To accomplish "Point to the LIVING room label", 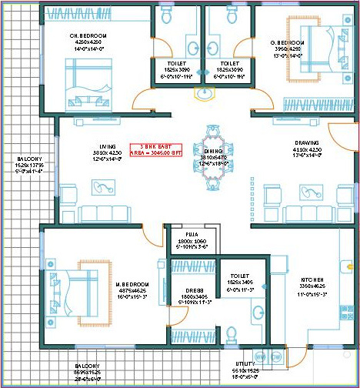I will (x=107, y=146).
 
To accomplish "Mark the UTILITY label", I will (x=245, y=362).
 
